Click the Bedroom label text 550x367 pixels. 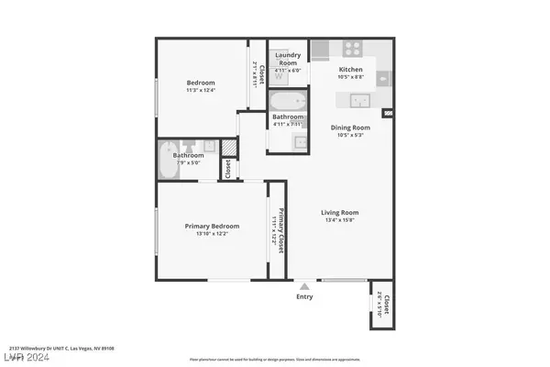pos(202,83)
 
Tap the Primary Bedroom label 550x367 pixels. pos(212,226)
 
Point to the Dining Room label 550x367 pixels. pos(350,128)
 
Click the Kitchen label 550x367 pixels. pos(351,69)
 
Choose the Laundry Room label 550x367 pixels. pos(289,59)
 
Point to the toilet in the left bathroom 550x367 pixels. pos(189,146)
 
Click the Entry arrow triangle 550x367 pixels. pos(304,285)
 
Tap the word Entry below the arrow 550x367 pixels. pos(304,296)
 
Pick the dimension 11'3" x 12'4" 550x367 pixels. pos(202,89)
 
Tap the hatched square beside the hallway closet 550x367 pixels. pos(229,148)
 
